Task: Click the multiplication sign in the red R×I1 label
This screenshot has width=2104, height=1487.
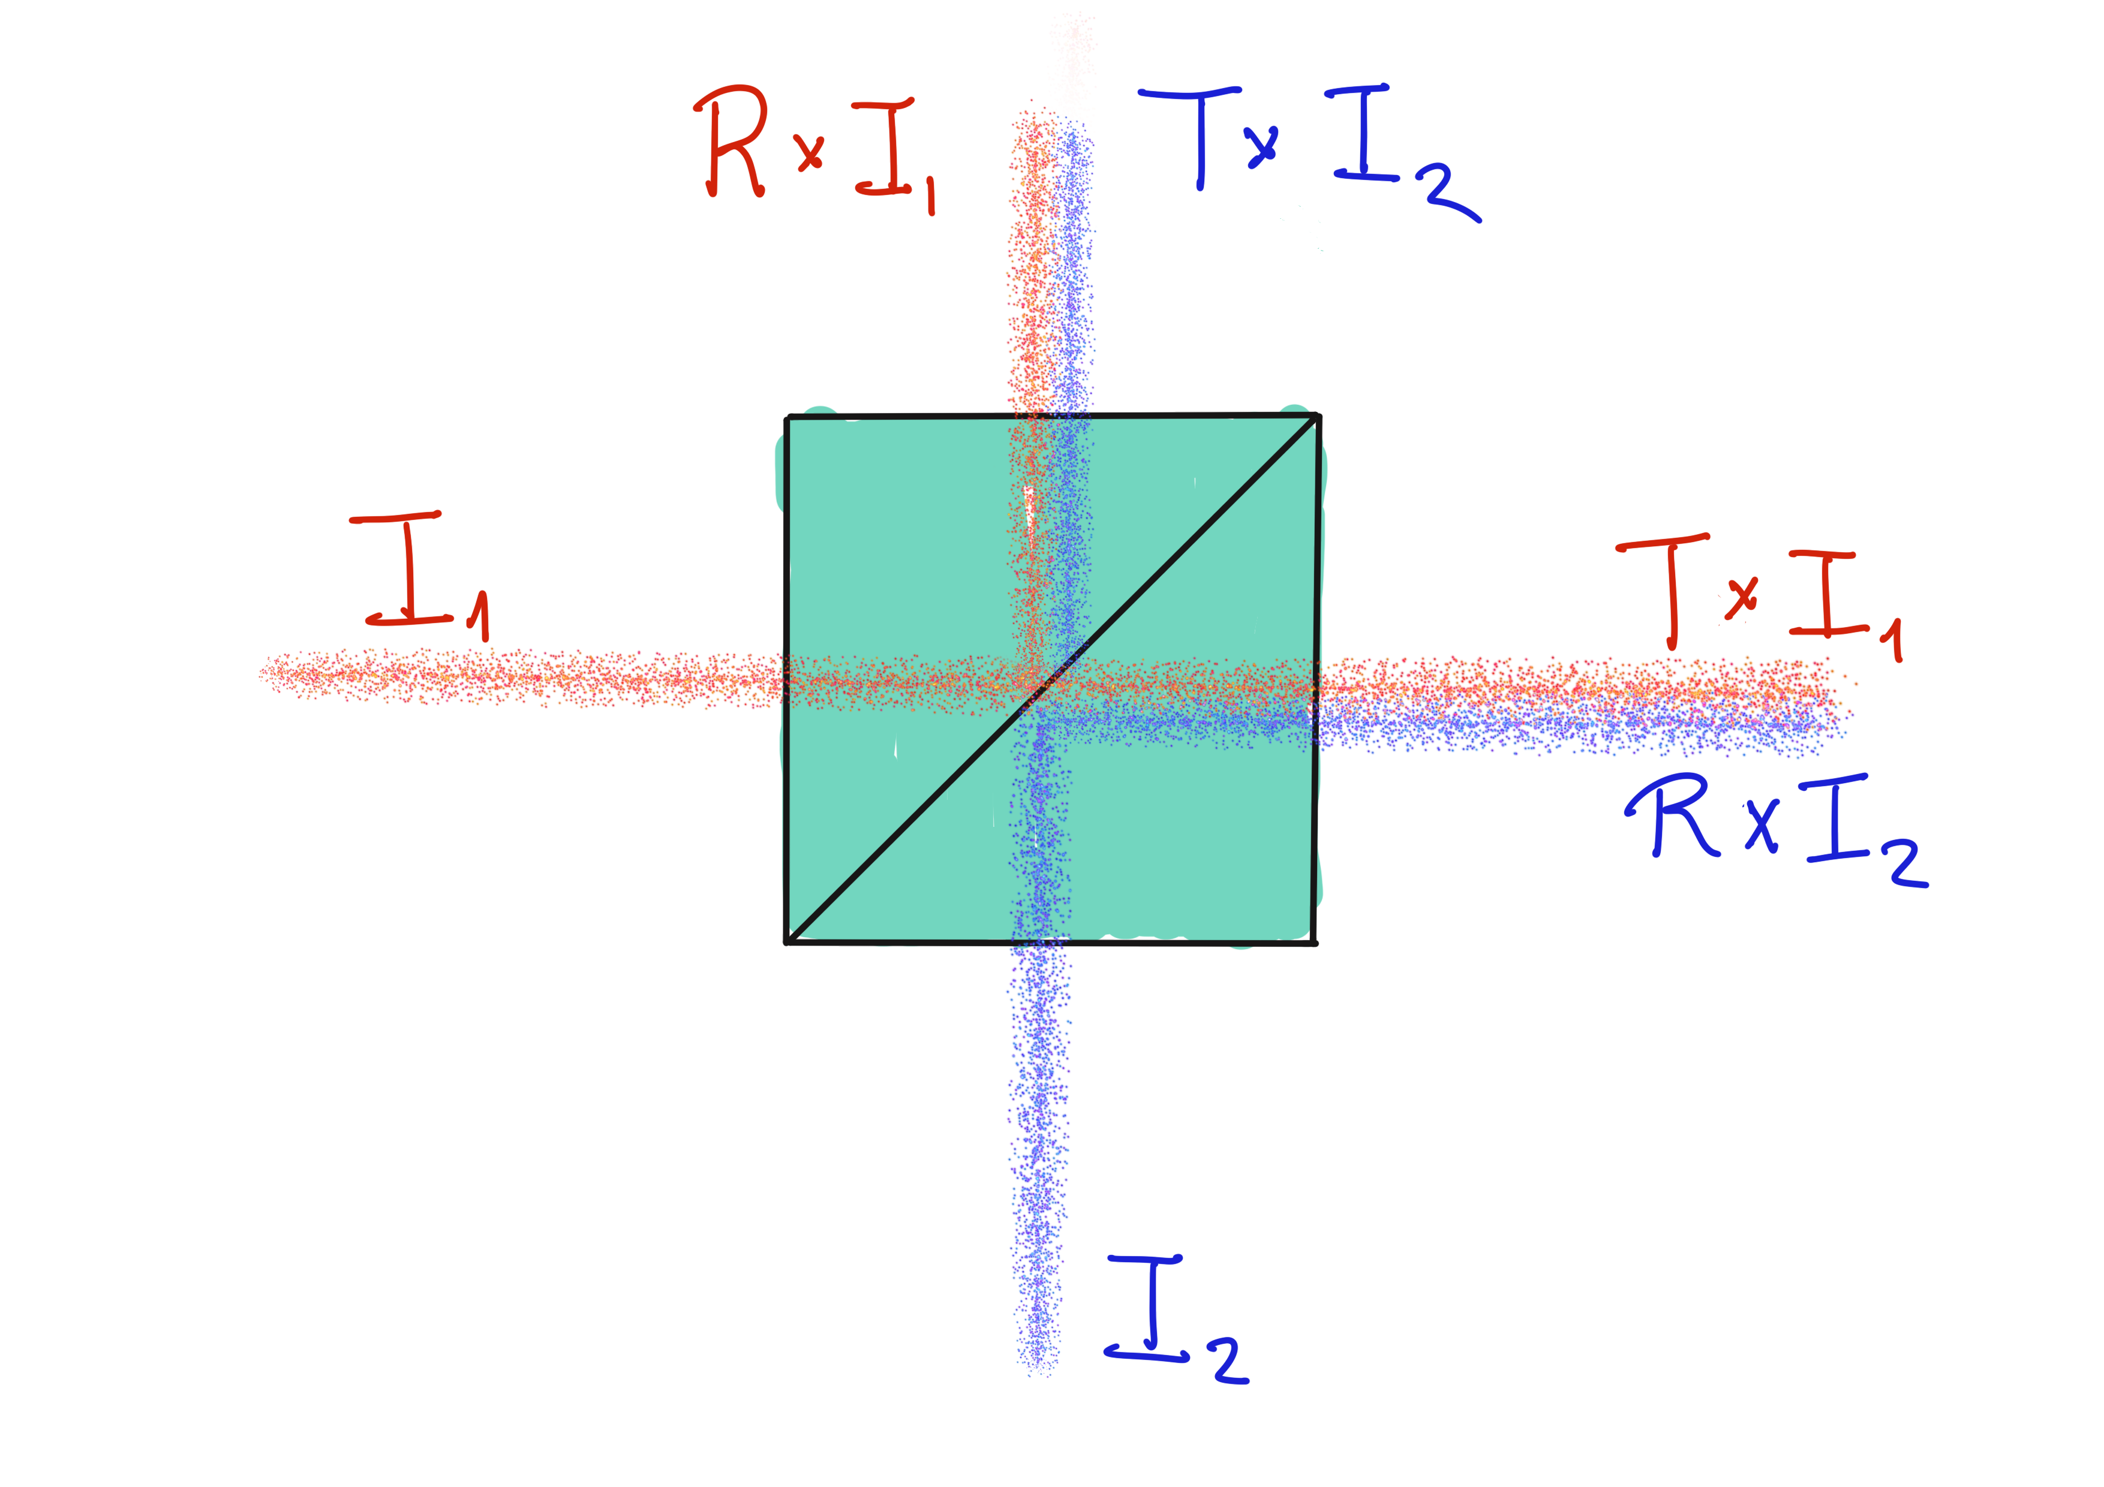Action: pos(810,152)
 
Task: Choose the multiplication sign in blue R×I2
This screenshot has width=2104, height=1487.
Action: pos(1762,824)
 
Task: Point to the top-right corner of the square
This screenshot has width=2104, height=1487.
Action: pos(1318,416)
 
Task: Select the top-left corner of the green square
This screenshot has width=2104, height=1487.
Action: pos(787,418)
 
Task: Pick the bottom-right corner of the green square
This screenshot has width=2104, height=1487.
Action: pos(1316,943)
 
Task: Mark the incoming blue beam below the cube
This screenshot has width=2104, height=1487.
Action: pos(1038,1159)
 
